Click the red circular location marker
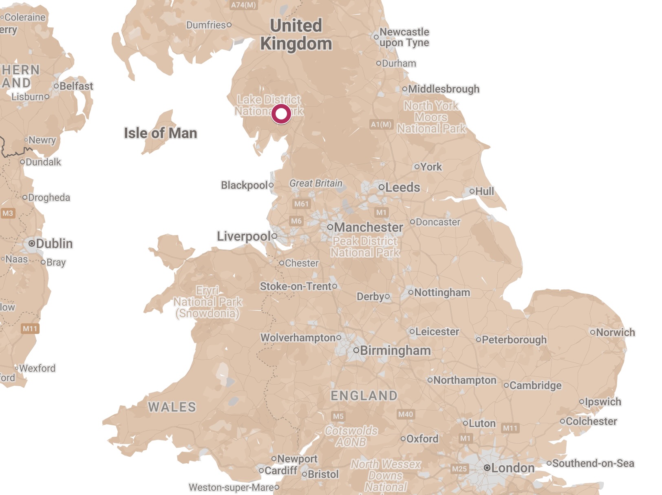click(x=281, y=114)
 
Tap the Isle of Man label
click(x=160, y=133)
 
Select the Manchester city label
click(x=368, y=227)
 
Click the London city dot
click(x=487, y=468)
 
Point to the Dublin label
click(x=54, y=243)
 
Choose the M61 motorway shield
click(x=301, y=204)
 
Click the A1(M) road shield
click(x=381, y=124)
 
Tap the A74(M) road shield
click(x=243, y=5)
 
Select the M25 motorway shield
click(x=459, y=469)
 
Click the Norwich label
click(x=615, y=332)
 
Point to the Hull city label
click(x=484, y=191)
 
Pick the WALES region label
click(x=172, y=407)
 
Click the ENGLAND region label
click(x=364, y=396)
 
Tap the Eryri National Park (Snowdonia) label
click(x=207, y=302)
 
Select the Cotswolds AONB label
click(x=351, y=436)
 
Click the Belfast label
click(x=76, y=86)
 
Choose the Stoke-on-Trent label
click(x=296, y=286)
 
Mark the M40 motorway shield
click(x=405, y=414)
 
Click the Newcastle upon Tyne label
click(x=404, y=37)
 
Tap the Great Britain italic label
click(x=316, y=183)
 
